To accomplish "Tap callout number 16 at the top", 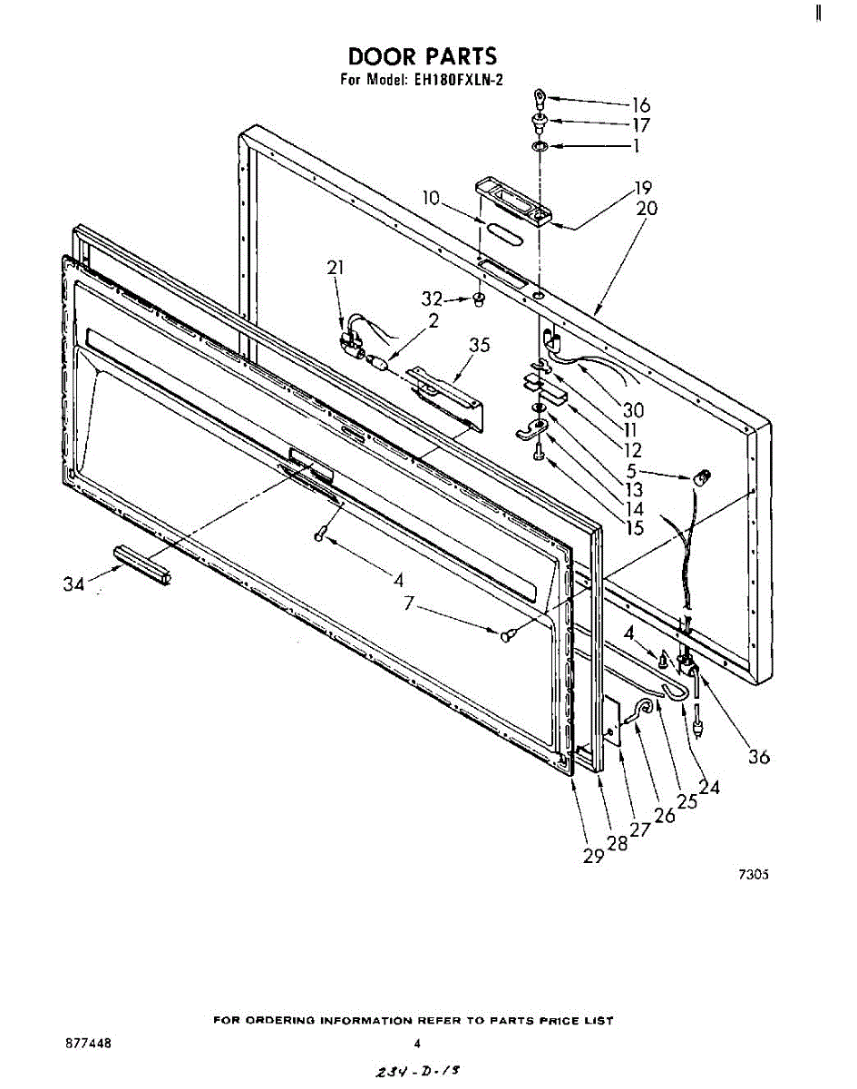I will (x=641, y=104).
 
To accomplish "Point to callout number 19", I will (x=643, y=189).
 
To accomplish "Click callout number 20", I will (x=647, y=208).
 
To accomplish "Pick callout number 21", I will (x=336, y=267).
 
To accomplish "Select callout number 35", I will (x=480, y=344).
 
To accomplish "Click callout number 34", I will (x=73, y=584).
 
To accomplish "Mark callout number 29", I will (x=593, y=856).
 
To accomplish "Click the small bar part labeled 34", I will (x=141, y=564).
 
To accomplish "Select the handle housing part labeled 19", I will (x=512, y=199).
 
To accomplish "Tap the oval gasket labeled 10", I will (x=501, y=235).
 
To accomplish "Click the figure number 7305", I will (x=753, y=876).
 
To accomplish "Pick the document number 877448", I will (x=88, y=1044).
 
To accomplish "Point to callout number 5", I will (x=631, y=470).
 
